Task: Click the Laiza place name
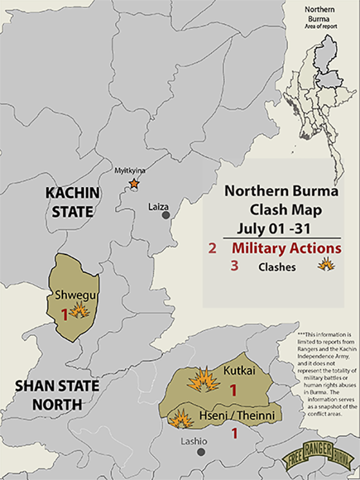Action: [x=159, y=206]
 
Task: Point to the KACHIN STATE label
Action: [x=71, y=202]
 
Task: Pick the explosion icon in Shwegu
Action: [x=79, y=310]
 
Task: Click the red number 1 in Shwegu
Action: [x=65, y=313]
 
